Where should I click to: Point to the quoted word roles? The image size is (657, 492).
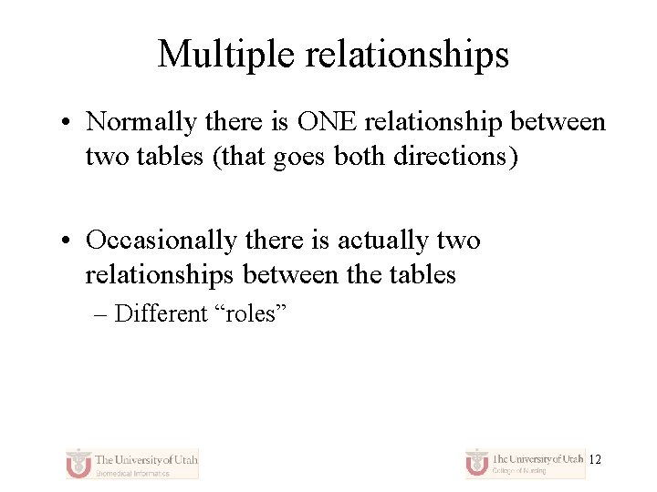coord(252,313)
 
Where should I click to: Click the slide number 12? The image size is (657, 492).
coord(595,460)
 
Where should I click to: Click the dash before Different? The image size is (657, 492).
coord(100,314)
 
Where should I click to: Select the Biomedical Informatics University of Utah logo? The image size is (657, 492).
coord(132,463)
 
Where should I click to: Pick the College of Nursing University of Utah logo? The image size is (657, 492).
coord(525,463)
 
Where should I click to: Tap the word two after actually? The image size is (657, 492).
coord(459,241)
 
